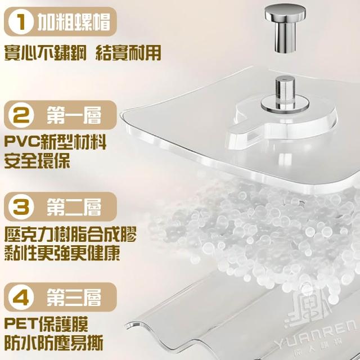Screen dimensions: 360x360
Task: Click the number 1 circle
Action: pyautogui.click(x=20, y=22)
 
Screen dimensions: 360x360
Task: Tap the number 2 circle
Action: pyautogui.click(x=21, y=115)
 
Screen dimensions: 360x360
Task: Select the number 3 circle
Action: pyautogui.click(x=21, y=207)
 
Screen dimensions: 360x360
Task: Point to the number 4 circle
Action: pyautogui.click(x=21, y=298)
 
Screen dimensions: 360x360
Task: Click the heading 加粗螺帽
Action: pyautogui.click(x=74, y=22)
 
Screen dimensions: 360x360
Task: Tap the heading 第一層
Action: pyautogui.click(x=74, y=115)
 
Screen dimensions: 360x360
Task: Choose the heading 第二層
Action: pyautogui.click(x=74, y=207)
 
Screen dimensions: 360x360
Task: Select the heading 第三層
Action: pyautogui.click(x=74, y=298)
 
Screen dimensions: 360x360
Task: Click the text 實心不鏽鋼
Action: pyautogui.click(x=46, y=53)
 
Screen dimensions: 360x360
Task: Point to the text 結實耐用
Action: pyautogui.click(x=128, y=53)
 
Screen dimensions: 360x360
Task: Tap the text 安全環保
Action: pyautogui.click(x=37, y=161)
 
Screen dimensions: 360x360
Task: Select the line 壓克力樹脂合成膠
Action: pyautogui.click(x=70, y=234)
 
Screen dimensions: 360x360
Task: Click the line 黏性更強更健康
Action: pyautogui.click(x=62, y=253)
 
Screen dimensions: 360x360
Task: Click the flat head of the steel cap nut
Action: pyautogui.click(x=285, y=12)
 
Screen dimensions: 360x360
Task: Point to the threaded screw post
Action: pyautogui.click(x=285, y=90)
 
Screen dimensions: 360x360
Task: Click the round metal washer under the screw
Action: pyautogui.click(x=285, y=105)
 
